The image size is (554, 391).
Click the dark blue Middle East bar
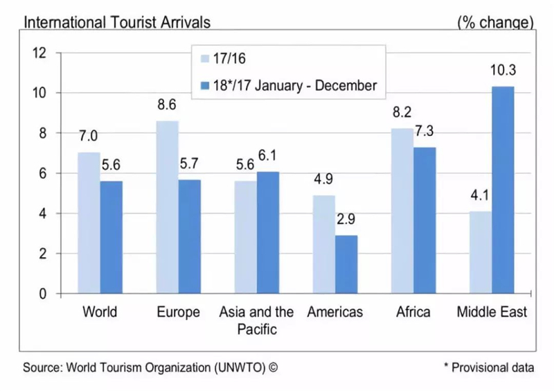[x=503, y=190]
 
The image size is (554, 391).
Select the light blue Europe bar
[x=167, y=207]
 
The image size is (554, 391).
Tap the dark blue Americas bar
[x=346, y=264]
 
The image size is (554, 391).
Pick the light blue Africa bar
[x=402, y=211]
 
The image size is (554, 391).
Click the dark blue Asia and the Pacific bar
[x=268, y=233]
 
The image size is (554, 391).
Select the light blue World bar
[x=89, y=223]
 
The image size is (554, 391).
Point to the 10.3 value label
[x=503, y=70]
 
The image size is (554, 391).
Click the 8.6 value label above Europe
[x=166, y=105]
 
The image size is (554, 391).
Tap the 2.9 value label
[x=346, y=219]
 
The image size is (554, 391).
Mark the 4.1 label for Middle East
[x=479, y=195]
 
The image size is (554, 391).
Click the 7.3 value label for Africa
[x=424, y=131]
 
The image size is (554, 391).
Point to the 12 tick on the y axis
[x=39, y=53]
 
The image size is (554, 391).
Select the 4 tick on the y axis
[x=42, y=214]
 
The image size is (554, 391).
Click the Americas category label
[x=335, y=312]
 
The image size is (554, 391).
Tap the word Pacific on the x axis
[x=257, y=329]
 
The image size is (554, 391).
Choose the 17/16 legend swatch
[x=205, y=58]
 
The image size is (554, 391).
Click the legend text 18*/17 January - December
[x=295, y=86]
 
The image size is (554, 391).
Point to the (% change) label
[x=495, y=23]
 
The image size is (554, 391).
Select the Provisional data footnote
[x=489, y=367]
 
